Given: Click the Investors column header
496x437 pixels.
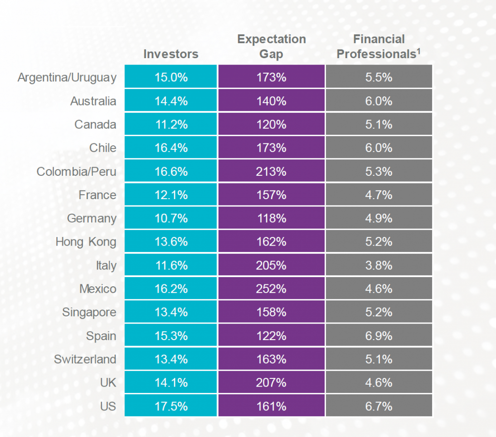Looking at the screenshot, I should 170,54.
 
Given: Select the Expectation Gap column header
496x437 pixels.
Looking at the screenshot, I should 271,47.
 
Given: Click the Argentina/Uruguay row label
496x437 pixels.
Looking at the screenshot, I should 67,78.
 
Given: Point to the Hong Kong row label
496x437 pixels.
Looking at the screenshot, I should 86,242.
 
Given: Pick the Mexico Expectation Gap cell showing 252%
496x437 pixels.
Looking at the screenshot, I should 271,289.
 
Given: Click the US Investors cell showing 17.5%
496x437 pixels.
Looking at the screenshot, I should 170,406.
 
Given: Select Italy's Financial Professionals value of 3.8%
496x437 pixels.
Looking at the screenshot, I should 379,265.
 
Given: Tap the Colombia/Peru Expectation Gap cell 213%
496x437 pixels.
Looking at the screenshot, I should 271,172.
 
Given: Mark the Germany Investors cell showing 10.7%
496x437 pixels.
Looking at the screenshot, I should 170,218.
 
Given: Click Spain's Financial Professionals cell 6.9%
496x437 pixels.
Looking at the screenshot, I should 379,336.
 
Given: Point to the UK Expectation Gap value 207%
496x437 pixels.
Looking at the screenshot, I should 271,383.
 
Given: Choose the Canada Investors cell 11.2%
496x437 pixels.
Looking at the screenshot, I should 170,125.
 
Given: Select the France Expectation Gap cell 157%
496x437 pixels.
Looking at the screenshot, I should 271,195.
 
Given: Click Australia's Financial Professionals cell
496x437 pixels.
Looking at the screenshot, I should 379,101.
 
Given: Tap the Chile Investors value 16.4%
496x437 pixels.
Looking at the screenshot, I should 170,148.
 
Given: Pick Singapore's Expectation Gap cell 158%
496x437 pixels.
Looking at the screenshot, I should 271,312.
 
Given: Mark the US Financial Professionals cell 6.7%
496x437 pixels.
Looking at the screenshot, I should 379,406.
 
